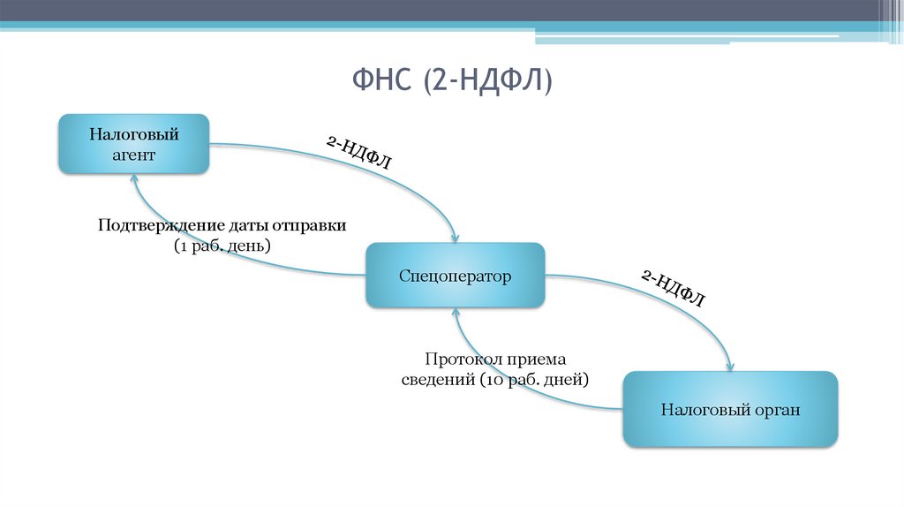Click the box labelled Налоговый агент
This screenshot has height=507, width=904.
click(133, 144)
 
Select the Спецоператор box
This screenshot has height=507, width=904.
click(455, 276)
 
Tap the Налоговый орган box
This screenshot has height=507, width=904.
click(730, 409)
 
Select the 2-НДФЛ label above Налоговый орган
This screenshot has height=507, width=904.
click(673, 288)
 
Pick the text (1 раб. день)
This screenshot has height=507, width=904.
click(222, 245)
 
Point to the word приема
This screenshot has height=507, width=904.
click(538, 359)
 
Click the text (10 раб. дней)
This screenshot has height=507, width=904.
click(534, 379)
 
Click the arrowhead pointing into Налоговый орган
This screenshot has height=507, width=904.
click(730, 367)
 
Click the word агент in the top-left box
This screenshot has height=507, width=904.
click(133, 155)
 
